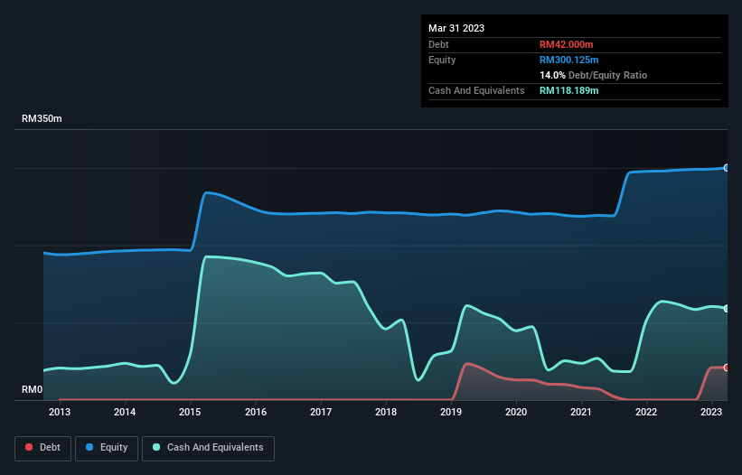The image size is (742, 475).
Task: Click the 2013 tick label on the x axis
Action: pos(60,412)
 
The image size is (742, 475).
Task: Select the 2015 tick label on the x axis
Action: pos(190,412)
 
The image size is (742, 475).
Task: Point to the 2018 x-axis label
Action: pos(386,412)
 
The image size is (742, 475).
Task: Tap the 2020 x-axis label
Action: pos(516,412)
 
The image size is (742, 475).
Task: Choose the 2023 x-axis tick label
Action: pos(712,412)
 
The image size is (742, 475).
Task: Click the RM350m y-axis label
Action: pos(42,119)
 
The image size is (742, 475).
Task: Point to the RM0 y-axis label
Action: pos(33,390)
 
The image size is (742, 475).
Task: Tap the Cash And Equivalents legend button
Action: pos(208,447)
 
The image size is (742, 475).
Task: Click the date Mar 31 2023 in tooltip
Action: pos(456,28)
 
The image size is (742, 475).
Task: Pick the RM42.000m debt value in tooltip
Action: pos(567,44)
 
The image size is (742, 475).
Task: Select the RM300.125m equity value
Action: pos(569,60)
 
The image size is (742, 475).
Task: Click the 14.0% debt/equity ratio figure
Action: pos(552,75)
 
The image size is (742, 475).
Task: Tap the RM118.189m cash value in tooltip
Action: pos(569,90)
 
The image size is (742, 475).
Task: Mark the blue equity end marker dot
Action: pos(726,168)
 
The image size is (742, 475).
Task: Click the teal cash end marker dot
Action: pos(726,309)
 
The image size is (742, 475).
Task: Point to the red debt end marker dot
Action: pos(726,368)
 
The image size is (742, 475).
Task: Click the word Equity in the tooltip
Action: pos(443,60)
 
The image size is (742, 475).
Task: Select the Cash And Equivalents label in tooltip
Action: pos(476,90)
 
